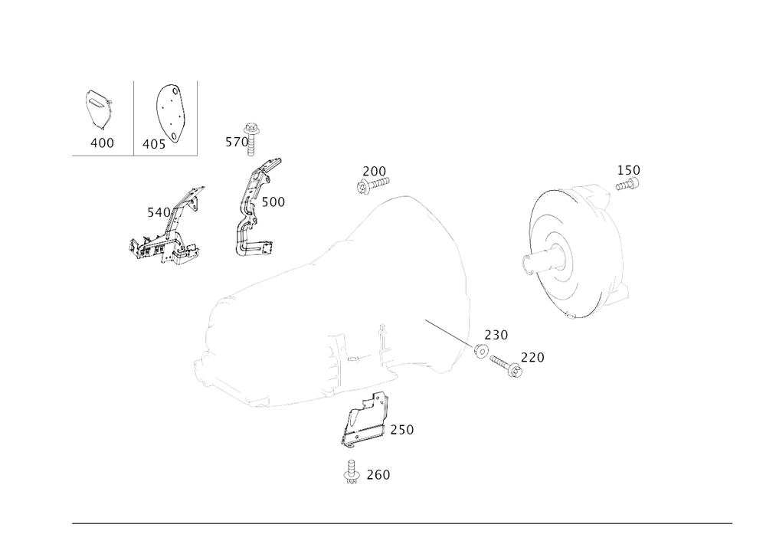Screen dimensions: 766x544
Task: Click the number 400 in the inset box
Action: pyautogui.click(x=102, y=143)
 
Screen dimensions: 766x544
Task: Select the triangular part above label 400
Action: pyautogui.click(x=97, y=108)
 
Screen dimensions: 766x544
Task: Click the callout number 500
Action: pyautogui.click(x=273, y=203)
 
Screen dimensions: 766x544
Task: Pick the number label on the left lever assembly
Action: pyautogui.click(x=155, y=211)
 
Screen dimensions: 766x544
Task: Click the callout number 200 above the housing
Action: pyautogui.click(x=375, y=169)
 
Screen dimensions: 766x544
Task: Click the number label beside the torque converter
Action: pyautogui.click(x=629, y=169)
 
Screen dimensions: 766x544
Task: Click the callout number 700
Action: pyautogui.click(x=496, y=335)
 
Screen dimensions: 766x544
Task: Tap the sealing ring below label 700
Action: pyautogui.click(x=480, y=351)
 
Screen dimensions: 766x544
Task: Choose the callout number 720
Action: pyautogui.click(x=532, y=358)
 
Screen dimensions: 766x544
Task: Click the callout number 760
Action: pyautogui.click(x=378, y=476)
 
